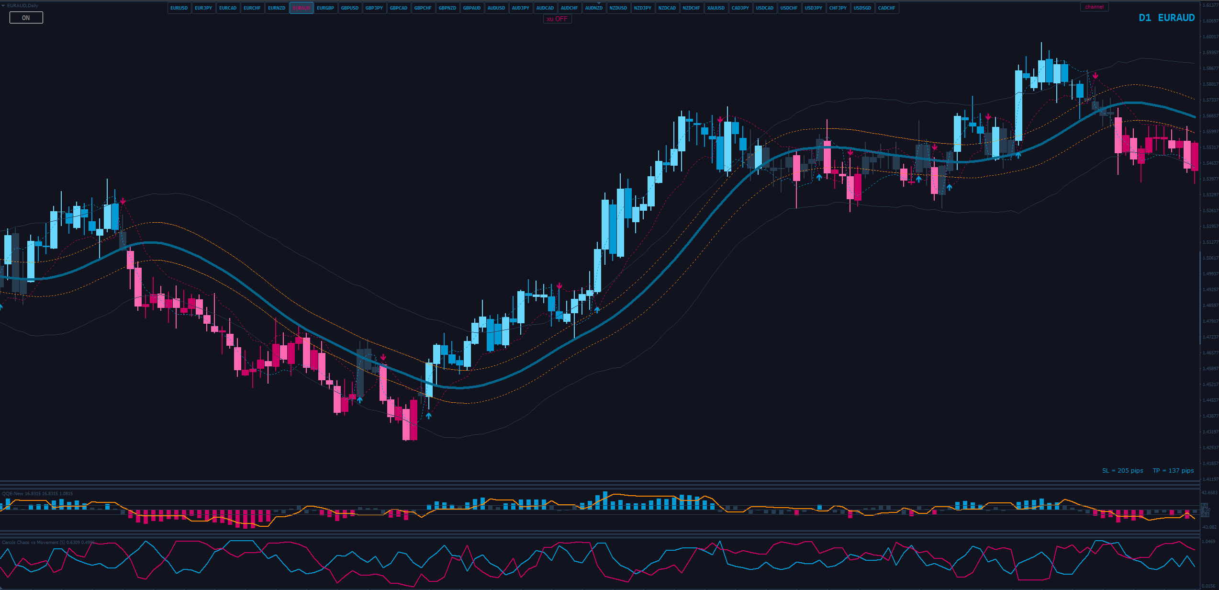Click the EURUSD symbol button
[x=179, y=8]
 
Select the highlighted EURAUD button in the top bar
[x=301, y=8]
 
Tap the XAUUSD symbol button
[x=716, y=8]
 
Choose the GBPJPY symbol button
[x=374, y=8]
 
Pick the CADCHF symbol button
[x=886, y=8]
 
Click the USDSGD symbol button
[x=862, y=8]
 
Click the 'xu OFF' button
[x=557, y=19]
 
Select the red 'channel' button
[x=1094, y=7]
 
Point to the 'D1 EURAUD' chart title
[x=1166, y=18]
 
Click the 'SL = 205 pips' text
[x=1122, y=471]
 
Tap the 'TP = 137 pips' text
[x=1173, y=471]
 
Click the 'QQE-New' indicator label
[x=12, y=493]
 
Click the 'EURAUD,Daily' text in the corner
[x=22, y=5]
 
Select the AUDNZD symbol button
[x=593, y=8]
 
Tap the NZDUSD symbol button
[x=618, y=8]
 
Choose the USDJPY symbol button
[x=813, y=8]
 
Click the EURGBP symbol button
[x=325, y=8]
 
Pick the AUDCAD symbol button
[x=545, y=8]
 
